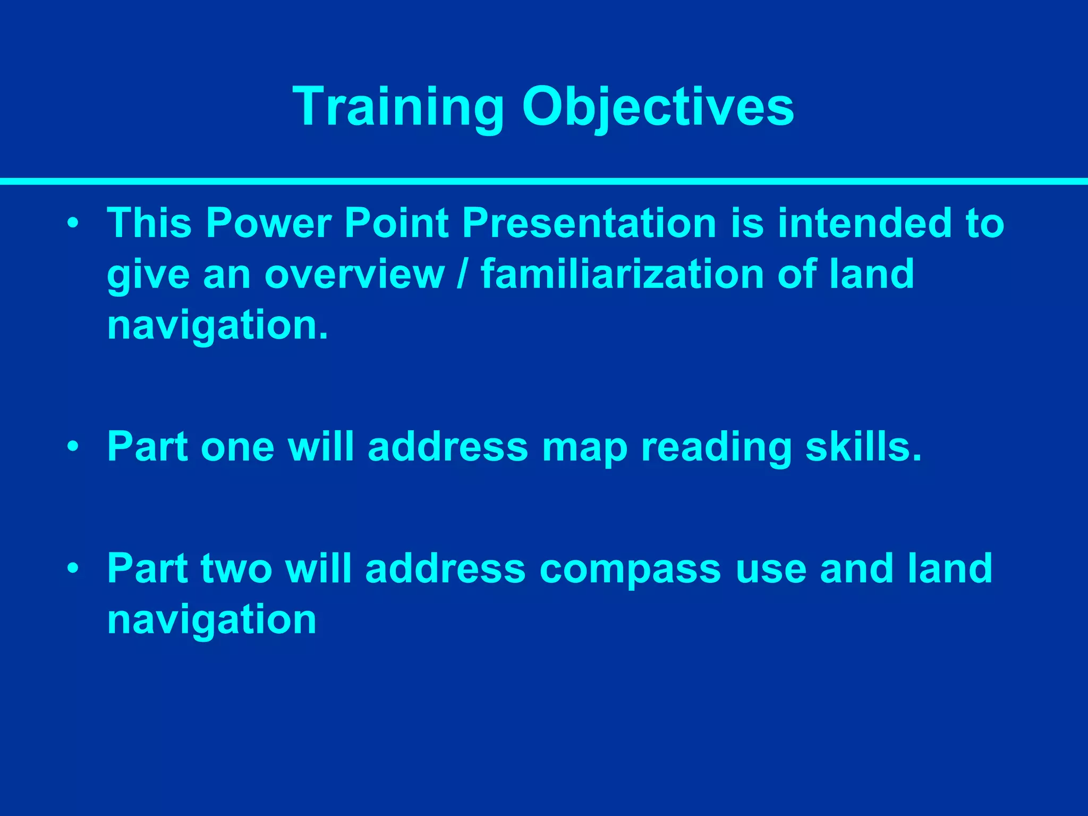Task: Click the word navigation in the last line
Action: (211, 619)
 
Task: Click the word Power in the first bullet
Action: (268, 223)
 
